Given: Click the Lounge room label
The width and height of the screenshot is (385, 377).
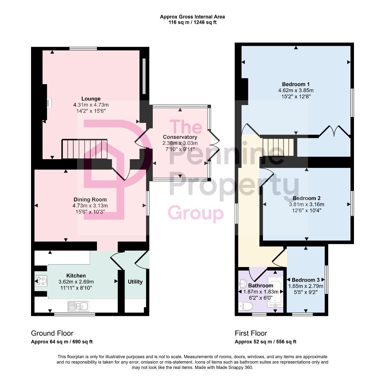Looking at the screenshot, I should point(91,99).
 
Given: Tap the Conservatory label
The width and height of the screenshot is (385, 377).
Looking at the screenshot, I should point(180,137).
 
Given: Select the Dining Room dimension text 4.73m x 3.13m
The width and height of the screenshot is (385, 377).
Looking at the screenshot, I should point(90,206).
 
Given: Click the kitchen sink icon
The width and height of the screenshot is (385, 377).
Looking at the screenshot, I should point(79,306).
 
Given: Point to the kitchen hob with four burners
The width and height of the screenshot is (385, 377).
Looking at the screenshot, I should point(41,281).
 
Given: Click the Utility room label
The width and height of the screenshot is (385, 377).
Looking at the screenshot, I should point(135,282).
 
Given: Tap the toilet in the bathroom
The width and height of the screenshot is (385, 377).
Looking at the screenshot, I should point(246,306).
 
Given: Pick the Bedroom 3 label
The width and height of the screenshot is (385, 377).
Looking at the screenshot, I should point(305,280).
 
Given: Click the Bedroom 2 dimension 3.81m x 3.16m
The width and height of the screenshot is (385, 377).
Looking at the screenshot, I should point(307,205).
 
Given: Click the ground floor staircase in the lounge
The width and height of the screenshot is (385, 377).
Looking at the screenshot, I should point(84,149).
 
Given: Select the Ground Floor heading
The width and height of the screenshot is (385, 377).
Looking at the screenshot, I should point(52,333).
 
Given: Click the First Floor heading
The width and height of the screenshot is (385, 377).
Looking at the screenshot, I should point(251,333).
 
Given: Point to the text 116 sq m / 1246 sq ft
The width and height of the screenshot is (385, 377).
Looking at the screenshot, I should point(192,22).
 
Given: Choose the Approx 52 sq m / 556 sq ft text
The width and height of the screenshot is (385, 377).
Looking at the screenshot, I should point(265,342).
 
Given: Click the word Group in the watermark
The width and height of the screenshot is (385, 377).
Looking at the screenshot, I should point(196,213).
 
